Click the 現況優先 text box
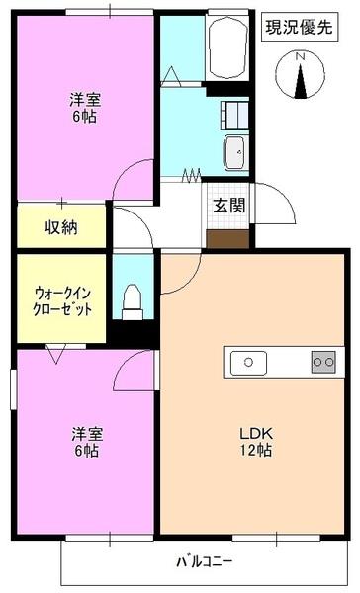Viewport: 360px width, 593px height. [x=298, y=27]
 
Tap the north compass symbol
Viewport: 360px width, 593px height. [x=303, y=78]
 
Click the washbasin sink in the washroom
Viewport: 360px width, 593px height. [x=236, y=152]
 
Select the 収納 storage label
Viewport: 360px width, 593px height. [x=60, y=227]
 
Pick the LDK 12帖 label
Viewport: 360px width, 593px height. [x=254, y=441]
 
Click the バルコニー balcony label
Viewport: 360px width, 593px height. [x=205, y=563]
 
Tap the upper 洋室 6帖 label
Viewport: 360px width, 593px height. [x=84, y=107]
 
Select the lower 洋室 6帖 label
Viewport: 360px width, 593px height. [x=84, y=442]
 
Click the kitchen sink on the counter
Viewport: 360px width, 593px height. [x=247, y=363]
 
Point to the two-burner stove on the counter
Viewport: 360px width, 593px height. [x=322, y=362]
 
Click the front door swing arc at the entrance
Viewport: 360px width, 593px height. [x=273, y=203]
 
